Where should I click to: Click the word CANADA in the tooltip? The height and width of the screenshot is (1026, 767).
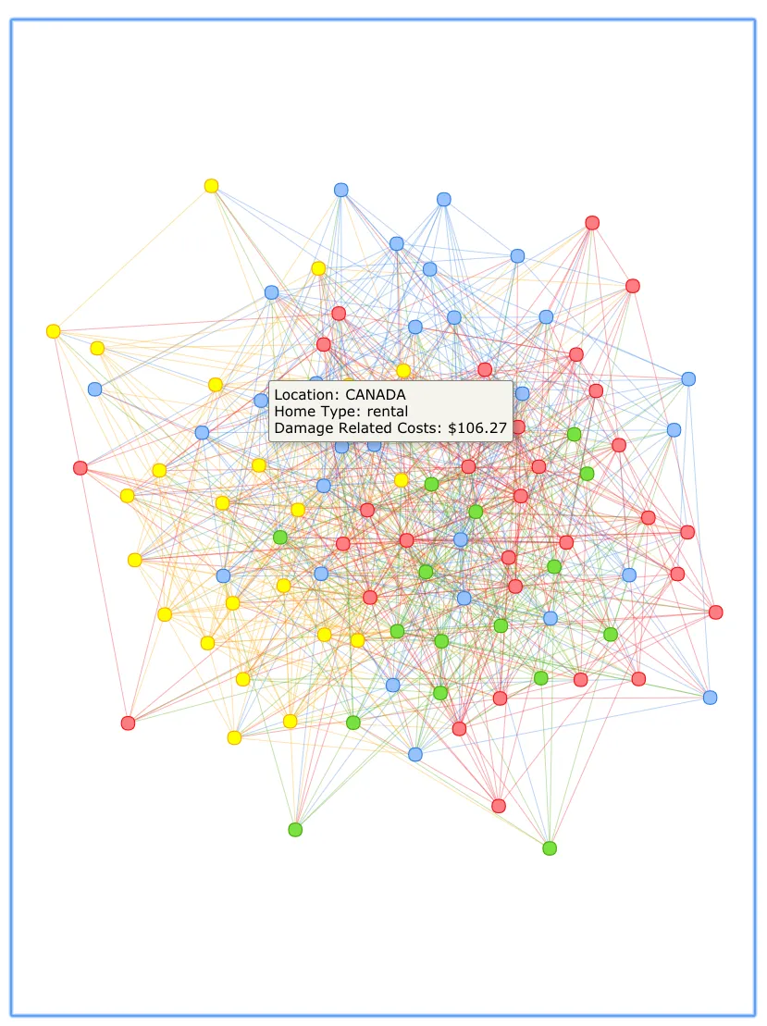376,394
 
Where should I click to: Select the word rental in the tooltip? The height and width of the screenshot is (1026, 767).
386,412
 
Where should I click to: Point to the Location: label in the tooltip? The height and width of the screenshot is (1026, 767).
307,394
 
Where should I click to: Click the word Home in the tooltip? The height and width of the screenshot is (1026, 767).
293,412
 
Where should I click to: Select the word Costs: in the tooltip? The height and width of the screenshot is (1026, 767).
416,428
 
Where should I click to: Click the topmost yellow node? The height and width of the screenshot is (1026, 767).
211,186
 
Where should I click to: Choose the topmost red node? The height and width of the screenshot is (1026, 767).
592,223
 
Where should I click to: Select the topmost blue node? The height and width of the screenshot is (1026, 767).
340,190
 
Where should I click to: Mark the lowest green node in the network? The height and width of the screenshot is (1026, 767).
550,848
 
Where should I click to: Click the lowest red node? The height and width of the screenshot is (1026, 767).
499,806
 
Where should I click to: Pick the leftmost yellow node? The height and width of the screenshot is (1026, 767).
54,331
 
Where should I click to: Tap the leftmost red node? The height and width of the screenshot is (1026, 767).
80,468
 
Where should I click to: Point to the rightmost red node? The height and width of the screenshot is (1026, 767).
715,612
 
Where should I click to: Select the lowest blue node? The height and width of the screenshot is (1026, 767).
415,754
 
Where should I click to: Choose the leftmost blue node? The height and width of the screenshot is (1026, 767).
94,389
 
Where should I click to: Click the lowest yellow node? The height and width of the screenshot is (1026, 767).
234,737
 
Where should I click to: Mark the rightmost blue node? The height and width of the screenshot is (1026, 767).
710,698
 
